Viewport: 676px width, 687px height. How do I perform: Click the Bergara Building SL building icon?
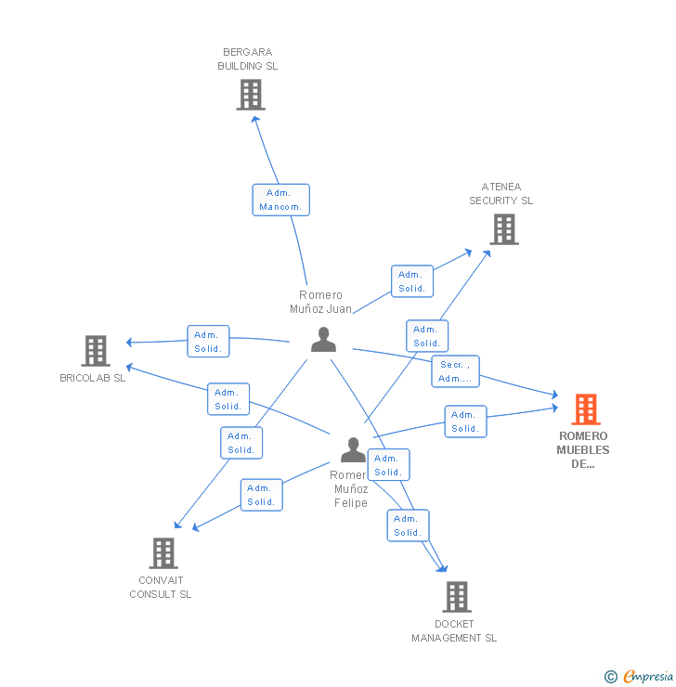[x=251, y=94]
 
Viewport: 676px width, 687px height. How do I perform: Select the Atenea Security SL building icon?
[x=504, y=228]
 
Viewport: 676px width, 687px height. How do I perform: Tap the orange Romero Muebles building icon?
[x=585, y=408]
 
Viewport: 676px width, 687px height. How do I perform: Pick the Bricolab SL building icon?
[x=96, y=350]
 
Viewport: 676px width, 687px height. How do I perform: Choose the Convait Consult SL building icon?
[x=163, y=552]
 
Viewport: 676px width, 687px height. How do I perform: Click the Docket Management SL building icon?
[x=456, y=596]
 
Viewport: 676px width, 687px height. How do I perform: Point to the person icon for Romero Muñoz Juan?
[x=323, y=340]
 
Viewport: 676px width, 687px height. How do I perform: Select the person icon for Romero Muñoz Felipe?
[x=353, y=449]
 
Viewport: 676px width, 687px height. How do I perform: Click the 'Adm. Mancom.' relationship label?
[x=280, y=200]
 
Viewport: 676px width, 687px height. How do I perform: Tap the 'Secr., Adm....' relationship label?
[x=455, y=371]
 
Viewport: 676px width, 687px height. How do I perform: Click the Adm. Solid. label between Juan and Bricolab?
[x=208, y=342]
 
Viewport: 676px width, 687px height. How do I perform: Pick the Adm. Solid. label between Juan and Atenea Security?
[x=411, y=281]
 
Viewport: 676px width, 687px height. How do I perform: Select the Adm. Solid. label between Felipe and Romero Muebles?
[x=465, y=421]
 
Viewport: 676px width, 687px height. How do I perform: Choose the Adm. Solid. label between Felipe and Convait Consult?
[x=261, y=495]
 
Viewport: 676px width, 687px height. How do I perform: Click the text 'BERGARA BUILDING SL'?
[x=247, y=59]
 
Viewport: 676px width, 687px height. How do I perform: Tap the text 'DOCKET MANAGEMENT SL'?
[x=454, y=631]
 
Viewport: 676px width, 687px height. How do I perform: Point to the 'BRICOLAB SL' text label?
[x=92, y=379]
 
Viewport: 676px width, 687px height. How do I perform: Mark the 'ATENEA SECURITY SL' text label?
[x=500, y=193]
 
